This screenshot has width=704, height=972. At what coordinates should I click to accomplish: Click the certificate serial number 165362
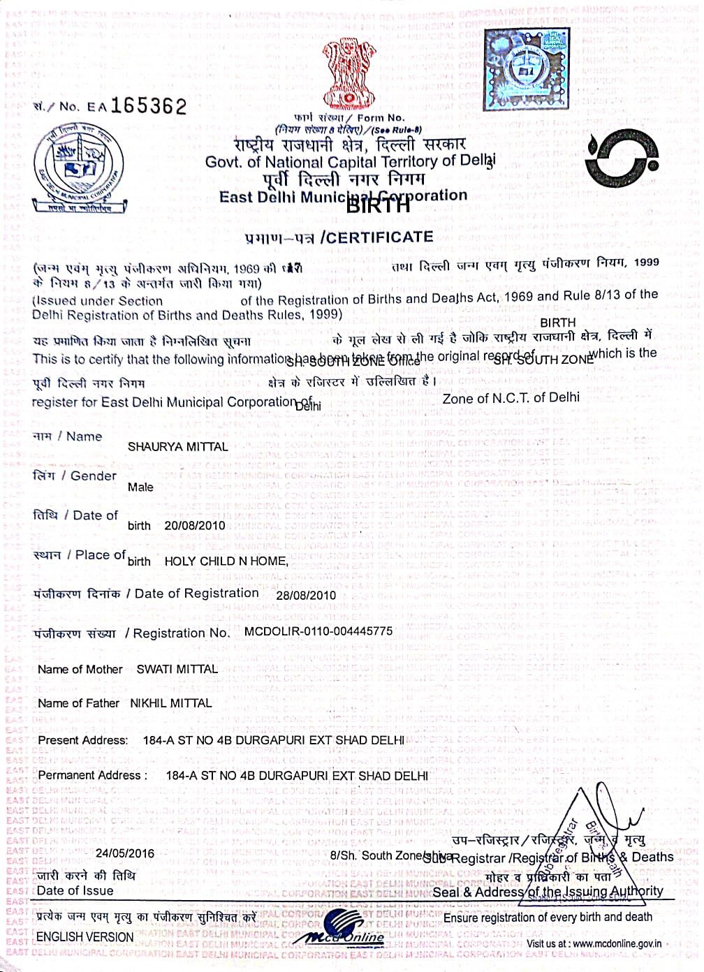tap(149, 106)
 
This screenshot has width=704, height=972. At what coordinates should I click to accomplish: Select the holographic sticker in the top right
tap(527, 68)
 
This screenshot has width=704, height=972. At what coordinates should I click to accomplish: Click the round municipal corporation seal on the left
tap(81, 168)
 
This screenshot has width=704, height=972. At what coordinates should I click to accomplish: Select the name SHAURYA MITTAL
tap(177, 447)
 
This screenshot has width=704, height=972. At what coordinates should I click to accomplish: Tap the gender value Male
tap(140, 487)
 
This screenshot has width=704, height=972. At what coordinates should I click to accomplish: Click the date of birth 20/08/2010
tap(195, 525)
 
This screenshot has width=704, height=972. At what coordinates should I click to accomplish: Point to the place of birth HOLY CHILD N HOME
tap(226, 561)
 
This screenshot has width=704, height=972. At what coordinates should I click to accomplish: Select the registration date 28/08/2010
tap(306, 596)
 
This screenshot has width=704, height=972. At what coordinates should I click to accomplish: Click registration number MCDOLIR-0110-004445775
tap(318, 631)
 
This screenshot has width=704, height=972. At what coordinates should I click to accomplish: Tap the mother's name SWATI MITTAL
tap(177, 669)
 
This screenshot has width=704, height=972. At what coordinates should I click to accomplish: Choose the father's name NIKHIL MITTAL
tap(171, 703)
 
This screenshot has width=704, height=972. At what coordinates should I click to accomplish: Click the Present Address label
tap(83, 740)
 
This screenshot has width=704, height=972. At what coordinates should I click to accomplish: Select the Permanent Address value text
tap(297, 775)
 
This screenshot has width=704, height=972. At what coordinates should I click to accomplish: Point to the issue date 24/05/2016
tap(125, 853)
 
